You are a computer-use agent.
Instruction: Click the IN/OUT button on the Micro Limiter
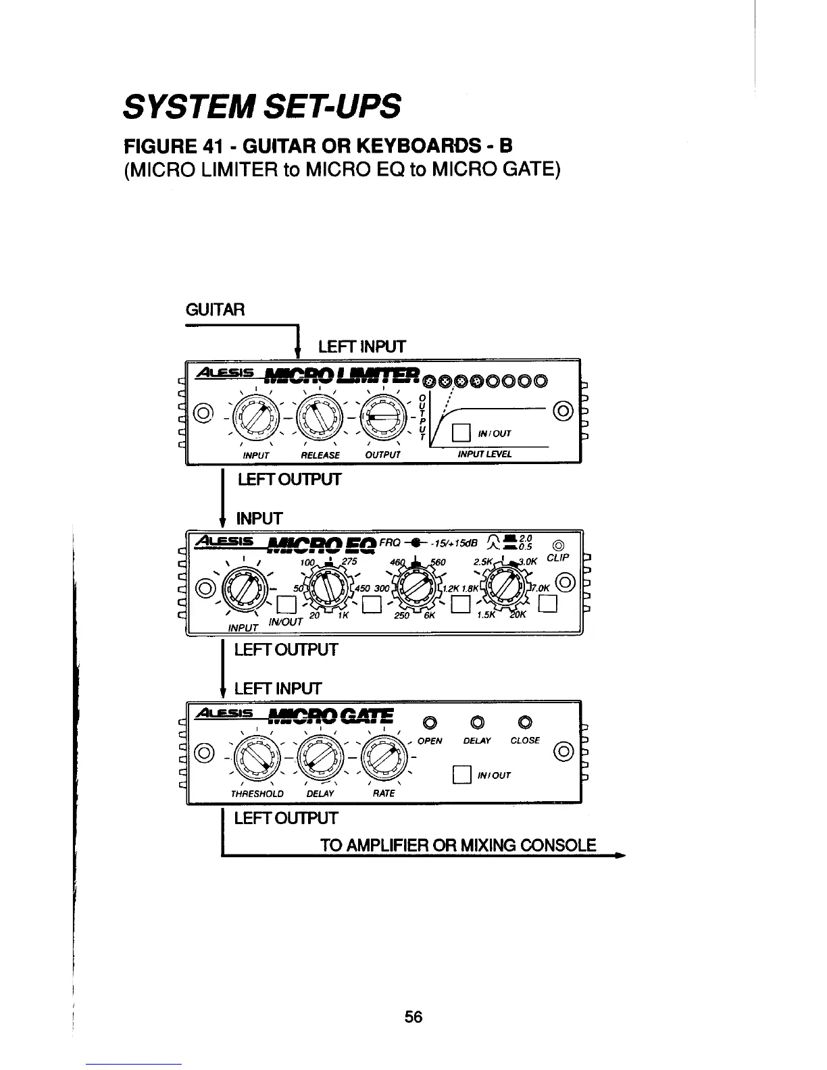point(461,432)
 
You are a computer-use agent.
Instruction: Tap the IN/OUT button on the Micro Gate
point(461,774)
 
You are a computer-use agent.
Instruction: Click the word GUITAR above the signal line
point(216,310)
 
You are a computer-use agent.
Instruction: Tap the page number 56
point(413,1016)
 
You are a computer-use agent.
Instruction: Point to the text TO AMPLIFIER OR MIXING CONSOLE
point(458,845)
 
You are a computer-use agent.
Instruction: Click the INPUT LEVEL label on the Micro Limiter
point(484,454)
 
